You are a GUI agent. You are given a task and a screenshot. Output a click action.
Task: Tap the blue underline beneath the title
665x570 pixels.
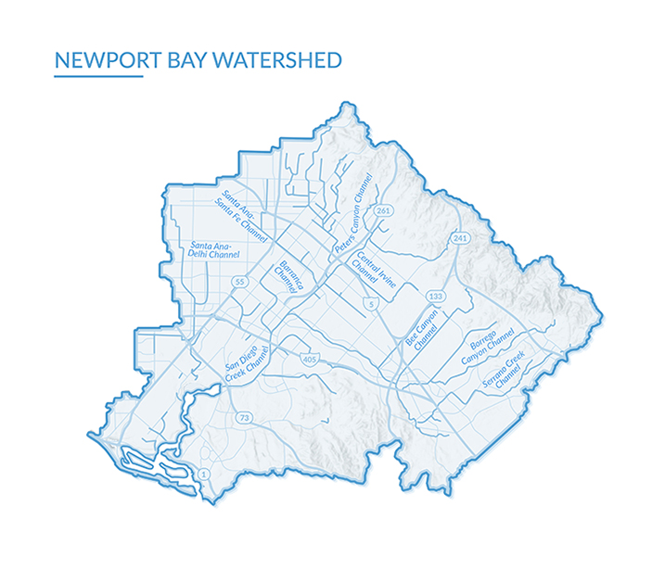pos(98,77)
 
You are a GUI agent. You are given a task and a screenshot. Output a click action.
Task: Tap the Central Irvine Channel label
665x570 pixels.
pos(372,272)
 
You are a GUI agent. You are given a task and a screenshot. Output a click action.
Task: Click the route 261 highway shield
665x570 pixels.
pos(383,211)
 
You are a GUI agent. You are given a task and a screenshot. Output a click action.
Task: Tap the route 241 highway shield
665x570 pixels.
pos(458,239)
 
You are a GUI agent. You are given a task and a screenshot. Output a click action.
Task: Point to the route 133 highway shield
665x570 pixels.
pos(434,295)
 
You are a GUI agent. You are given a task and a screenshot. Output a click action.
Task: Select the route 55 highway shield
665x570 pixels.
pos(239,281)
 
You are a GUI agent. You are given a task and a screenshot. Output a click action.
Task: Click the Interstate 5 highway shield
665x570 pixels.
pos(371,304)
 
